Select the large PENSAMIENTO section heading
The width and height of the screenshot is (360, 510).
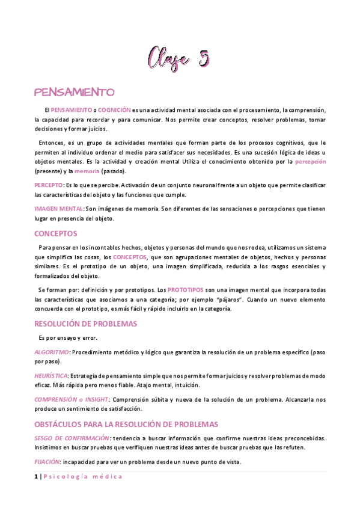(x=75, y=93)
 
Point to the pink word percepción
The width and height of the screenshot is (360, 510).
(x=311, y=162)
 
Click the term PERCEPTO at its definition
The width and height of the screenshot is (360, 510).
(x=48, y=185)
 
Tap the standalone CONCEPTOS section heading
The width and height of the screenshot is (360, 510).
(x=56, y=233)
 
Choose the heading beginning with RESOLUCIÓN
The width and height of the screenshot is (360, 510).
(x=86, y=324)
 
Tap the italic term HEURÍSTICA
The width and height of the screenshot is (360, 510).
(x=51, y=376)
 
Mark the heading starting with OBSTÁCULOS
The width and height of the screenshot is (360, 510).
(x=126, y=424)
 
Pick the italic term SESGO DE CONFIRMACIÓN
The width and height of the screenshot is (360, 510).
(x=72, y=438)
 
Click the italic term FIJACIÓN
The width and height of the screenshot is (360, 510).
(x=47, y=462)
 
